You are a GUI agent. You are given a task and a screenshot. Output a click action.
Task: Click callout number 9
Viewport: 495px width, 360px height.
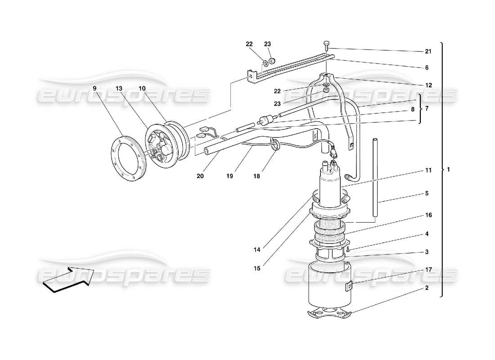coord(94,89)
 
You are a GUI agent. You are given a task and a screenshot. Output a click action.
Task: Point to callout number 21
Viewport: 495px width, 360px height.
coord(428,52)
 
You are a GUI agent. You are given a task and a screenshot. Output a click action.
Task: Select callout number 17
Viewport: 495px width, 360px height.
coord(428,270)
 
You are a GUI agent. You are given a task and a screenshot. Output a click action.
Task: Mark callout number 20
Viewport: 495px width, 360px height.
coord(200,176)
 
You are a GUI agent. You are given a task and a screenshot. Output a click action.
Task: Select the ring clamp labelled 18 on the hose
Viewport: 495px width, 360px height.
coord(274,144)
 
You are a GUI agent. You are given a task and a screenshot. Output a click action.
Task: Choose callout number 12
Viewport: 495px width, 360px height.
coord(428,85)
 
